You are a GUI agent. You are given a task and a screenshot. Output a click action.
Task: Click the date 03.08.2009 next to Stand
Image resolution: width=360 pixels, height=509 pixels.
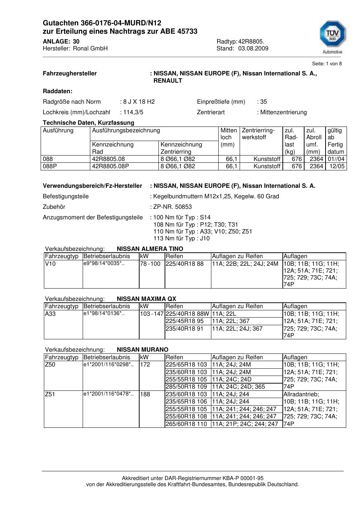click(253, 49)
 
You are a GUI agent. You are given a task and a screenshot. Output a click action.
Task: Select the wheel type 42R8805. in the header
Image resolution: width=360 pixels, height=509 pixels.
click(251, 42)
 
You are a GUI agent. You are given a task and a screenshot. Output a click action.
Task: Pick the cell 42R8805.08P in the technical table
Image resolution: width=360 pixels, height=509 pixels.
click(111, 166)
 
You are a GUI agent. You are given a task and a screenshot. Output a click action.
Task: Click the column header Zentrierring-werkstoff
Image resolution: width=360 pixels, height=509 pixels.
click(258, 134)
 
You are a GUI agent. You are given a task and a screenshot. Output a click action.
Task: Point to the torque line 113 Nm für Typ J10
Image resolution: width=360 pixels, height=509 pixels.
click(182, 239)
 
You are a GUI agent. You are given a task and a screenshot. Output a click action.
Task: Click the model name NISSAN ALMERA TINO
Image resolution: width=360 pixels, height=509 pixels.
click(150, 249)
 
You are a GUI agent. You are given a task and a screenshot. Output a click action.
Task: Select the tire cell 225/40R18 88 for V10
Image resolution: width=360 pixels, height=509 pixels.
click(185, 264)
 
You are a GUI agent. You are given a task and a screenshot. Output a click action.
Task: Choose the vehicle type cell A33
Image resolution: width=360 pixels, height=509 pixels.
click(50, 314)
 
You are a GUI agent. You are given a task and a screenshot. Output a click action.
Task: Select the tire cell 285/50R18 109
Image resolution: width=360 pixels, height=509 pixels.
click(186, 387)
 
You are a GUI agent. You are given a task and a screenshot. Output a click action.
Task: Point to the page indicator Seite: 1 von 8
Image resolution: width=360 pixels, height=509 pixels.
click(327, 64)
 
